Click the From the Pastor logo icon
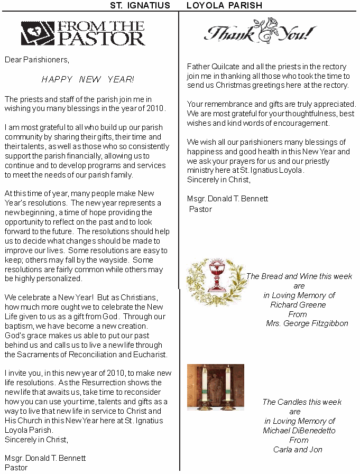[38, 33]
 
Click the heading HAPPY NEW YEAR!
[88, 79]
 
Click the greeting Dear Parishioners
[37, 60]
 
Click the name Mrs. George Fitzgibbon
[307, 323]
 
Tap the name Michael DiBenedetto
[299, 431]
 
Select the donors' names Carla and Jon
[298, 450]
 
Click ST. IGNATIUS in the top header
[140, 5]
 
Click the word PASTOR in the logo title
[101, 39]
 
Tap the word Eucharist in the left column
[150, 355]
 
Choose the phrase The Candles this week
[302, 402]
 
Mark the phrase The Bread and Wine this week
[299, 276]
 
